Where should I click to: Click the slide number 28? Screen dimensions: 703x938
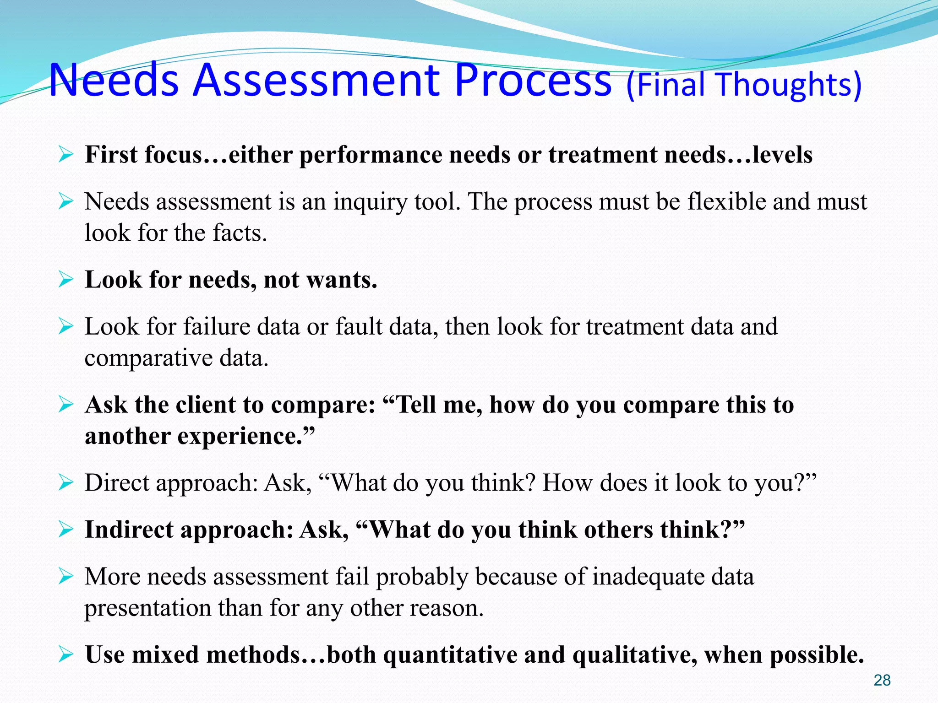point(882,680)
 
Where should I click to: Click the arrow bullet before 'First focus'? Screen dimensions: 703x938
point(66,155)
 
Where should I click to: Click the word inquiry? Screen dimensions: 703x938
point(370,202)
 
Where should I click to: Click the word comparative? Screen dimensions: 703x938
point(148,358)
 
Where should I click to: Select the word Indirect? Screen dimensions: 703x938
point(129,530)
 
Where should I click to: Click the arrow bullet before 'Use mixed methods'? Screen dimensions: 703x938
point(66,654)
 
